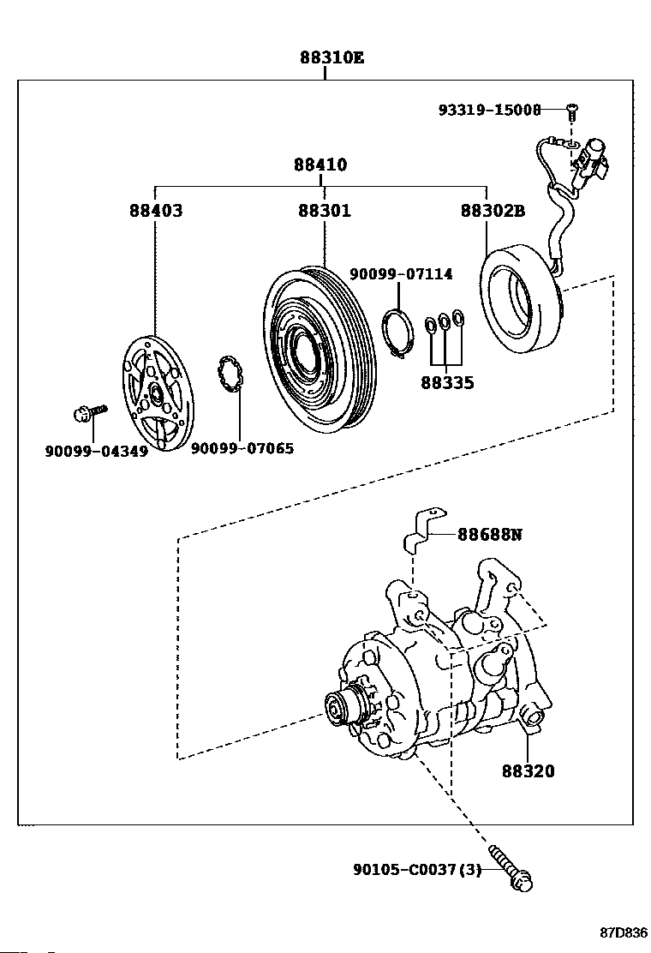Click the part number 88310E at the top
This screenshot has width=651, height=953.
(x=331, y=58)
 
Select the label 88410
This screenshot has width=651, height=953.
(x=320, y=165)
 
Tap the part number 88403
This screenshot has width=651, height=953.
(x=155, y=210)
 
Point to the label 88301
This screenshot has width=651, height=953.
(x=325, y=210)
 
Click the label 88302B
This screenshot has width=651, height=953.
(x=493, y=210)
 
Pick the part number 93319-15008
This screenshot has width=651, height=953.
(x=489, y=110)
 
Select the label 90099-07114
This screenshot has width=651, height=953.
(x=401, y=274)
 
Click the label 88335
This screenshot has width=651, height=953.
(x=447, y=383)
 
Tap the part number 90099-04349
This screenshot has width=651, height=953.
(x=97, y=451)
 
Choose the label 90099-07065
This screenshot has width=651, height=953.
(x=242, y=448)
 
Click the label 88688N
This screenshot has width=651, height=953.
(x=490, y=534)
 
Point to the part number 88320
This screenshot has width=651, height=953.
(x=529, y=770)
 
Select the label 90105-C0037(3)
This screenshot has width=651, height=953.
(x=417, y=870)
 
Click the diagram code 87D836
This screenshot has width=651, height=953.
(x=624, y=932)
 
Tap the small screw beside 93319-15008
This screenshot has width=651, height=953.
(x=570, y=111)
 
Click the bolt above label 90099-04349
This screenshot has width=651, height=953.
(x=89, y=413)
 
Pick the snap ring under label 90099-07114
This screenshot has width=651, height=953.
(x=399, y=334)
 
